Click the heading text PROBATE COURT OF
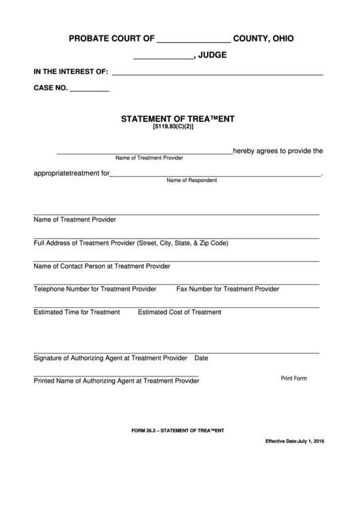pyautogui.click(x=112, y=39)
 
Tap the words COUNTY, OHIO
pyautogui.click(x=264, y=39)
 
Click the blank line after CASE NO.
pyautogui.click(x=90, y=88)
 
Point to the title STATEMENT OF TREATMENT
pyautogui.click(x=178, y=118)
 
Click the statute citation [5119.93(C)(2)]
pyautogui.click(x=178, y=127)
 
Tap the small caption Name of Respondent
pyautogui.click(x=192, y=181)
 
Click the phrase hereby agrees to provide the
pyautogui.click(x=278, y=152)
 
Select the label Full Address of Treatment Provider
pyautogui.click(x=130, y=243)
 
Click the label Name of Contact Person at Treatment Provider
pyautogui.click(x=102, y=266)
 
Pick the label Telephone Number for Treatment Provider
pyautogui.click(x=95, y=289)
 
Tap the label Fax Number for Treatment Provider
pyautogui.click(x=228, y=289)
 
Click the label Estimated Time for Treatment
pyautogui.click(x=77, y=313)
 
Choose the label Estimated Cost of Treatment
pyautogui.click(x=179, y=313)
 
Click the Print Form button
pyautogui.click(x=294, y=378)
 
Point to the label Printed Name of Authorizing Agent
pyautogui.click(x=116, y=381)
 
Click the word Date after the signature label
pyautogui.click(x=201, y=357)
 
